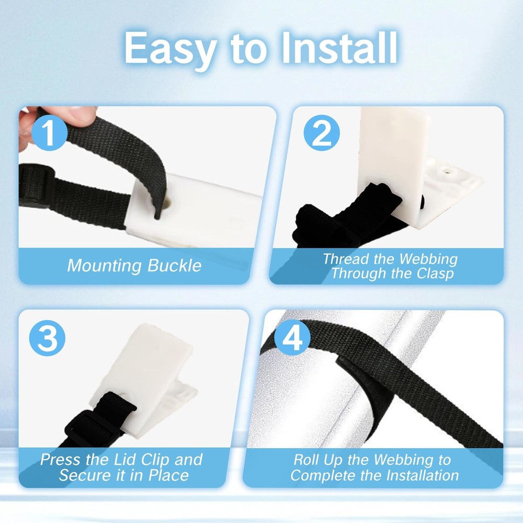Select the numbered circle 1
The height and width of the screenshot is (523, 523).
click(49, 133)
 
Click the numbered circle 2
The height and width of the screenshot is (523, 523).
click(322, 133)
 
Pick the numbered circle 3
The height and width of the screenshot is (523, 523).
click(48, 338)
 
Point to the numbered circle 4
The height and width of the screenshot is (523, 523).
click(292, 337)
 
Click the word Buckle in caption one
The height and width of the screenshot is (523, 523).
click(174, 266)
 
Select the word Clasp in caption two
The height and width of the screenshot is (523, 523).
click(435, 274)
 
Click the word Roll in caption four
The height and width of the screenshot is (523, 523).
click(306, 460)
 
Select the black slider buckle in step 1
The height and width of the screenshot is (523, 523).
click(36, 185)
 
